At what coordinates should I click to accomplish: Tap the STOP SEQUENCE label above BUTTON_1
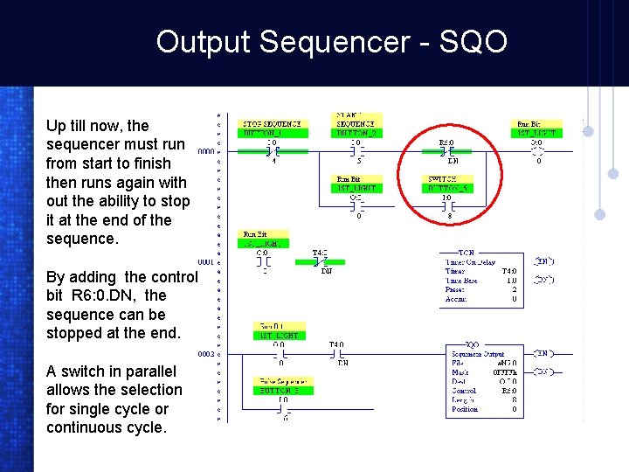click(272, 124)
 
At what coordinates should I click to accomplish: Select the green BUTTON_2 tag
click(356, 133)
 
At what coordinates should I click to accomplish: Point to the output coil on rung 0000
click(538, 150)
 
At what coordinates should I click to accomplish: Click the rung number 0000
click(205, 151)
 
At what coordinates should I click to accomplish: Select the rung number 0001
click(205, 262)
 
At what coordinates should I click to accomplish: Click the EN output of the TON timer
click(543, 261)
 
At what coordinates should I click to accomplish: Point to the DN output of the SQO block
click(543, 371)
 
